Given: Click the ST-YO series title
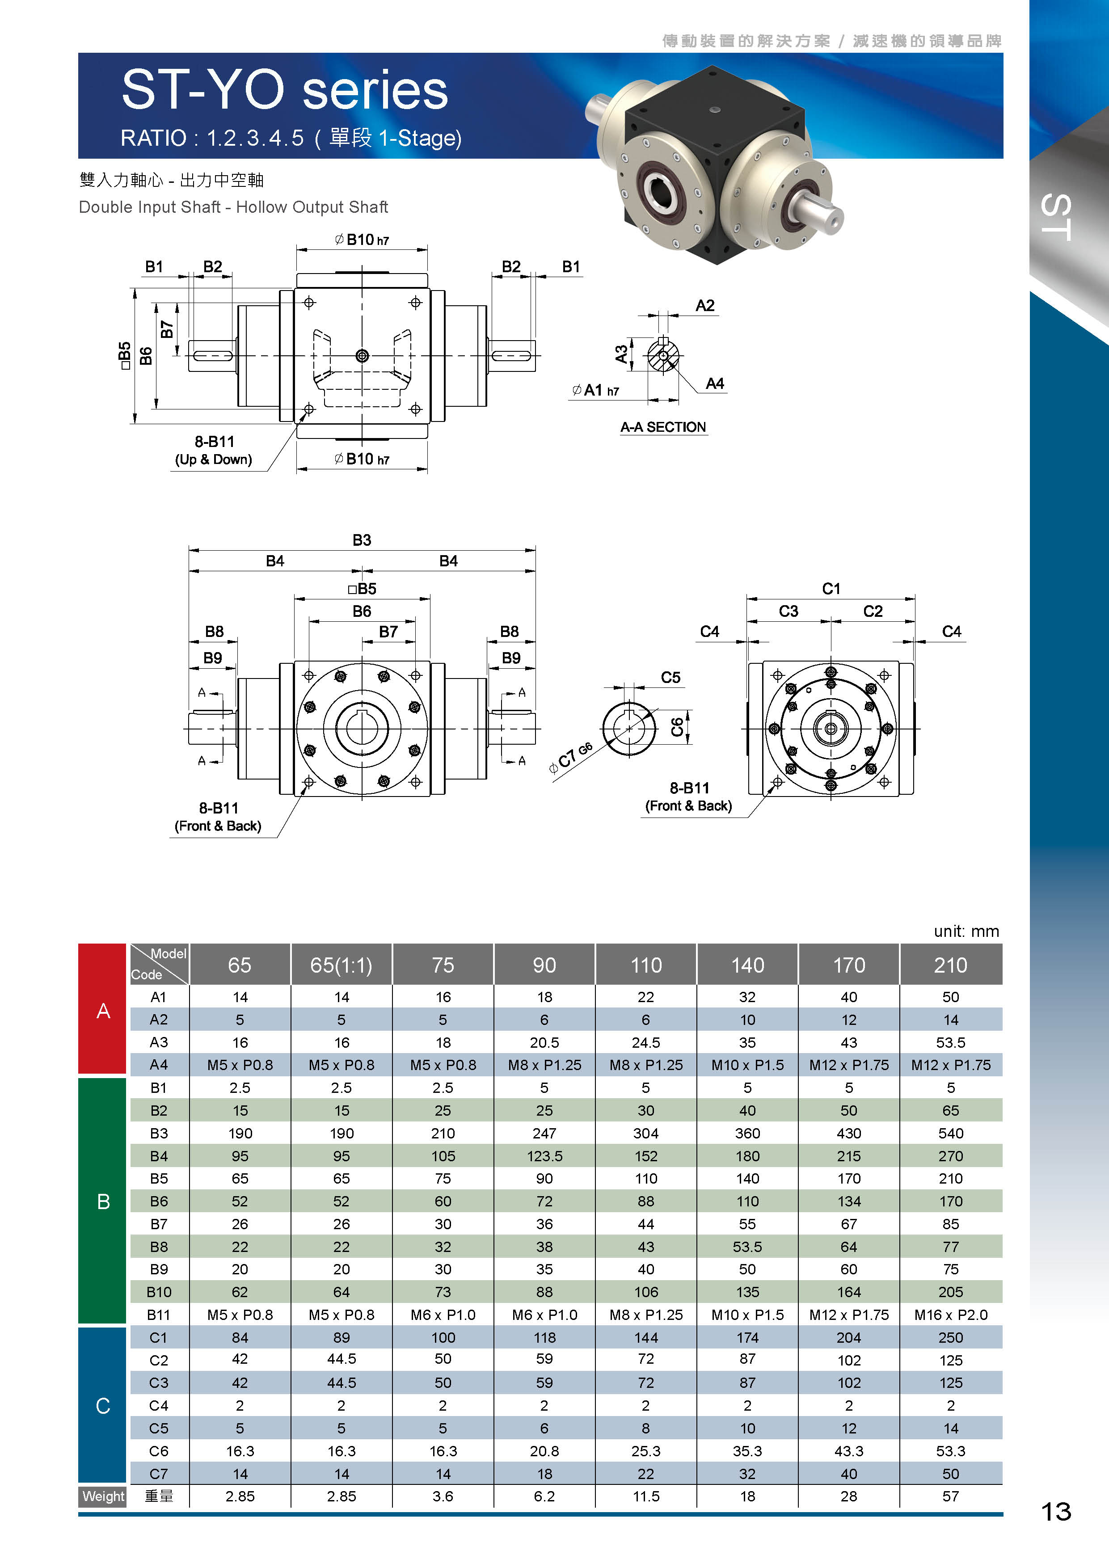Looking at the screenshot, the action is [285, 90].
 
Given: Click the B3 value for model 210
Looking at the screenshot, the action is [951, 1133].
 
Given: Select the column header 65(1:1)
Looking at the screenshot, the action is [342, 965].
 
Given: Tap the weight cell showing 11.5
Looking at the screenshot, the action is [646, 1496].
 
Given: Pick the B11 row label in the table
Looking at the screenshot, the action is [158, 1315].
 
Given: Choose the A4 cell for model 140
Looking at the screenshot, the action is [748, 1065].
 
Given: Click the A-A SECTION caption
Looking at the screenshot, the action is [663, 427].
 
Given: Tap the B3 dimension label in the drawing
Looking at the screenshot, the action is [362, 540].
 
